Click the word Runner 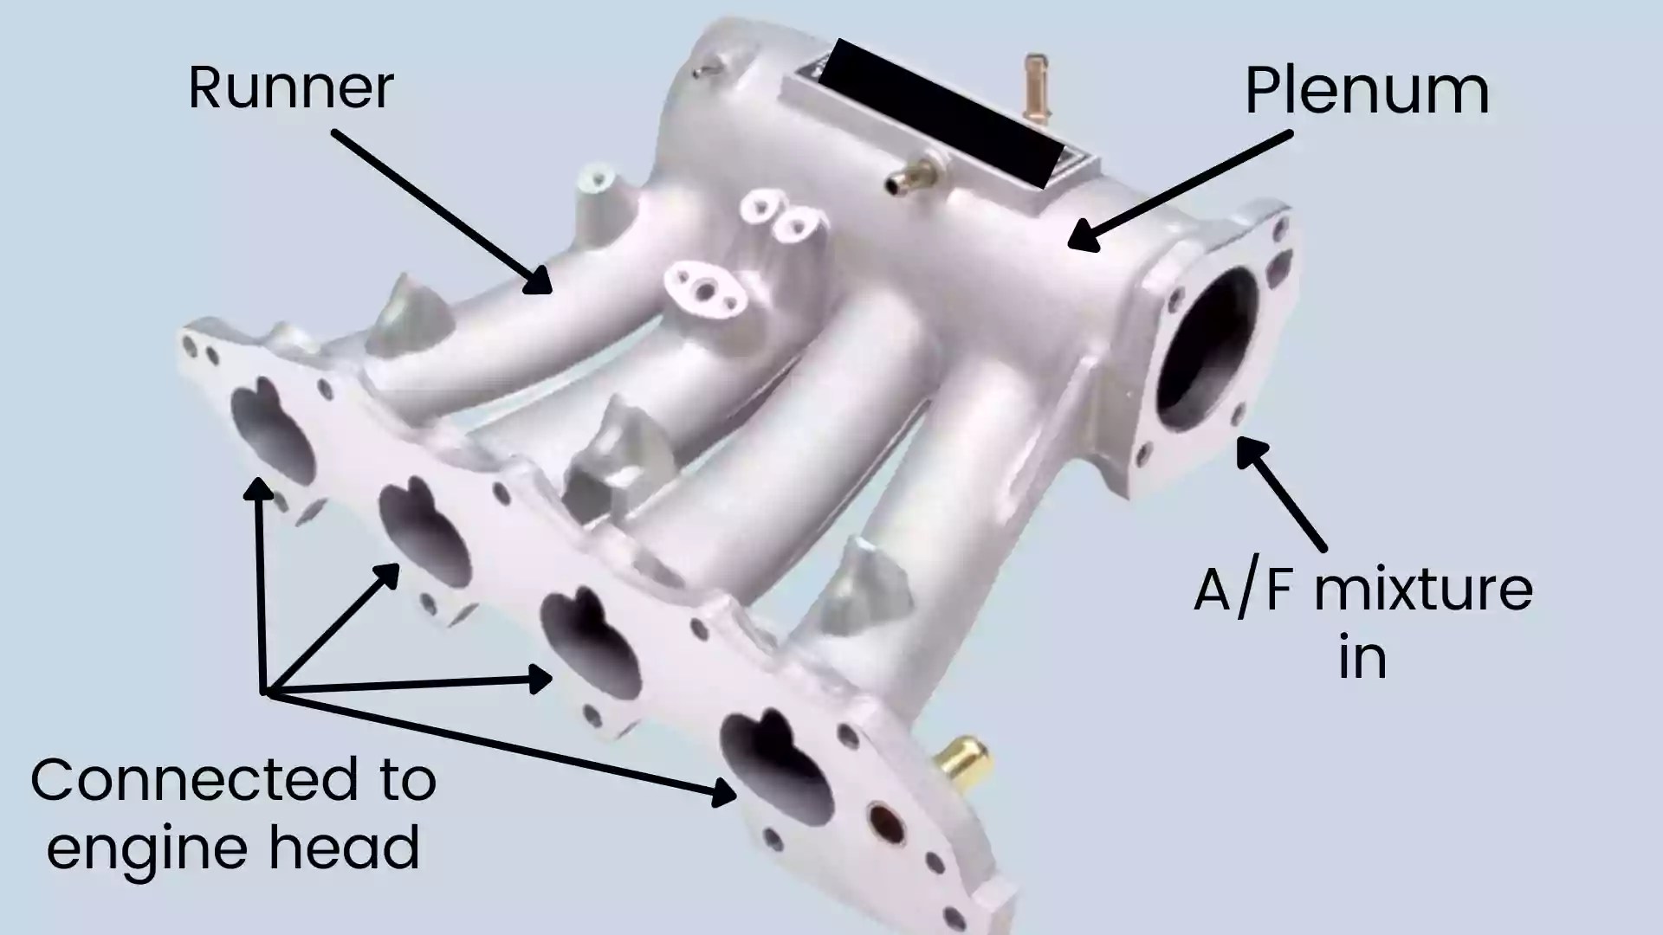(x=291, y=88)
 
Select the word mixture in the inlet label (x=1423, y=590)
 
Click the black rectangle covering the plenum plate (x=940, y=113)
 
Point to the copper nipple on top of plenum (x=1035, y=87)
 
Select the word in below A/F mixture (x=1362, y=658)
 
